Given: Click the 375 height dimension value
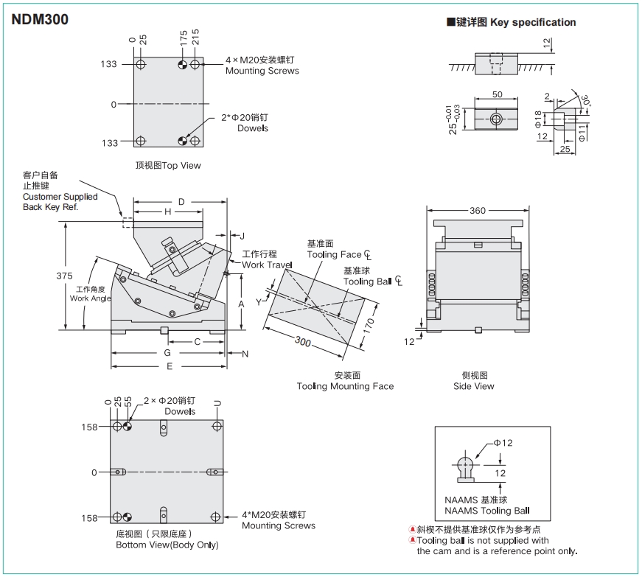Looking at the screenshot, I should coord(64,276).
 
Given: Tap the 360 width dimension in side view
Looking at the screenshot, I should coord(477,211).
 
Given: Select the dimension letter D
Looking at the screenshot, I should coord(182,201).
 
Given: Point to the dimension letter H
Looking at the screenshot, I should coord(167,212).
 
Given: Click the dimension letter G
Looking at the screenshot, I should coord(167,353).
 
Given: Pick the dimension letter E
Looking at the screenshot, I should coord(169,366).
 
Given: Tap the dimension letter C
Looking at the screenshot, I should coord(197,341).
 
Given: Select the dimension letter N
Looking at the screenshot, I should coord(245,354).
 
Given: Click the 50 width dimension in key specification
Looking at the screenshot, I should coord(497,95).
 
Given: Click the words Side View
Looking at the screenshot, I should coord(474,386).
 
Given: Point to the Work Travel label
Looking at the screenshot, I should coord(267,265).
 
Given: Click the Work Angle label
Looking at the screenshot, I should coord(90,298).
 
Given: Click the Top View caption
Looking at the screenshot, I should coord(168,166).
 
